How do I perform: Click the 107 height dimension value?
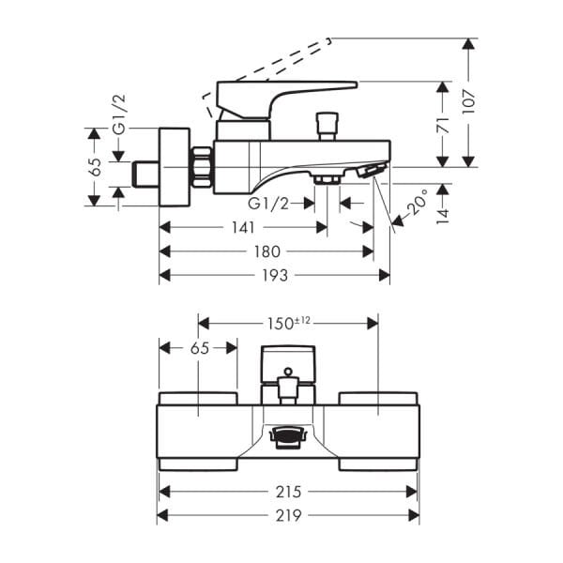coord(470,98)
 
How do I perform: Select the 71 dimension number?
coord(443,124)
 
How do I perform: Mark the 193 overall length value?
coord(275,275)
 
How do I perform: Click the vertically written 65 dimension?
coord(94,166)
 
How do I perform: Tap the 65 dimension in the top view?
coord(198,347)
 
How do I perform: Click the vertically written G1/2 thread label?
coord(119,114)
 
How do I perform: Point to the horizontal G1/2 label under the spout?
coord(268,203)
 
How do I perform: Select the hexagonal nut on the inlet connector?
coord(202,167)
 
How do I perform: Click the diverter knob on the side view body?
coord(327,125)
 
